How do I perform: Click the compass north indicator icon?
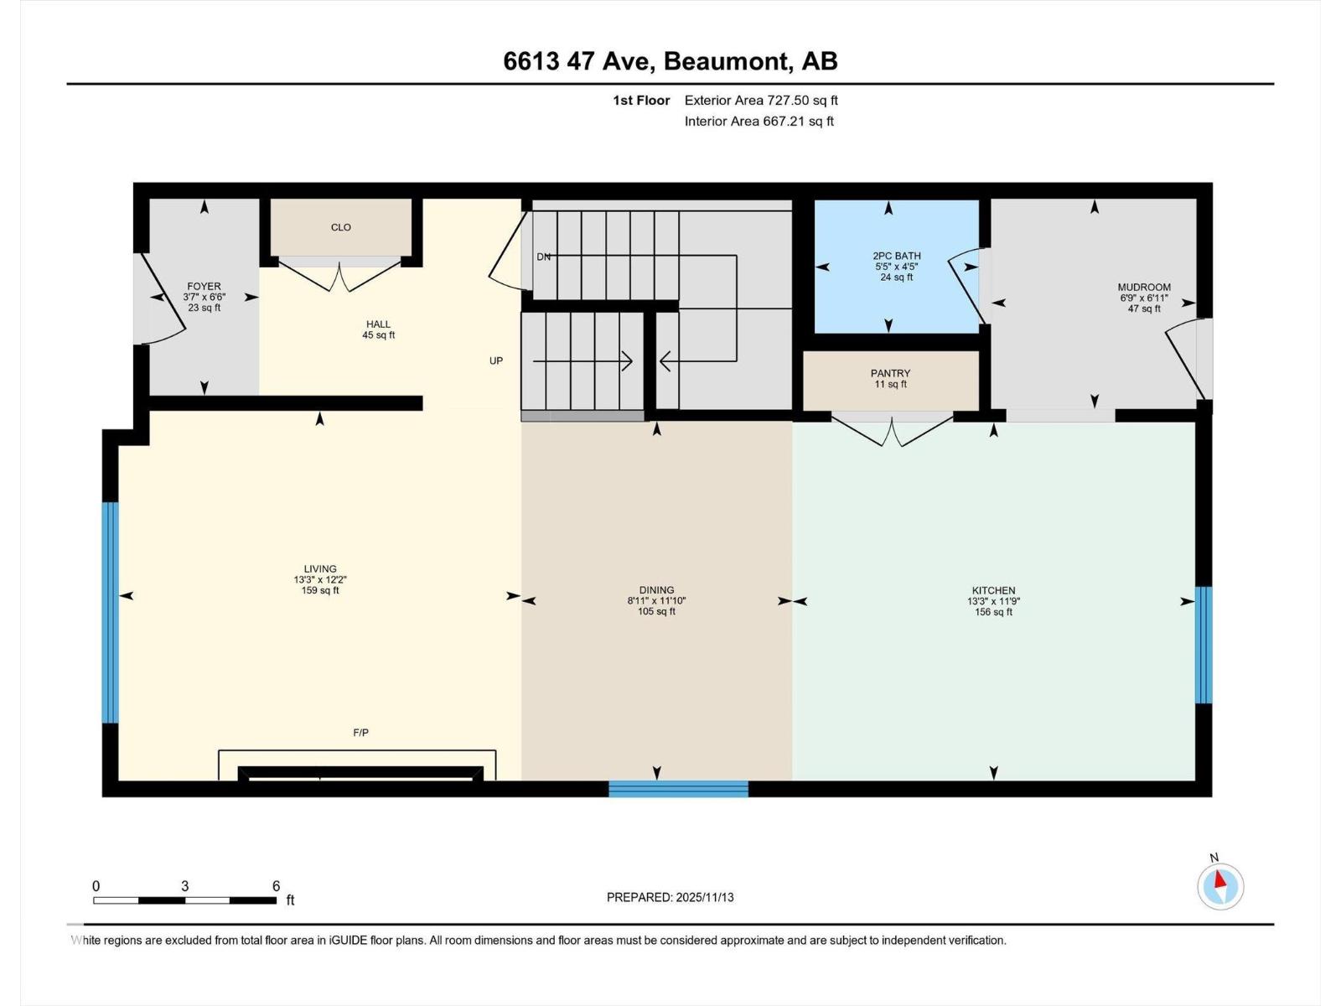point(1220,886)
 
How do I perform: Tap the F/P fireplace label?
point(360,733)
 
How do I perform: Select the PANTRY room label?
point(890,373)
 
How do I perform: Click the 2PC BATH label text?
point(896,256)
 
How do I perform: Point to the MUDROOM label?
point(1144,287)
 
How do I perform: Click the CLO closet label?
point(340,227)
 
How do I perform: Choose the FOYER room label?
point(204,286)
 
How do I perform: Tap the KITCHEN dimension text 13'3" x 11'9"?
point(993,601)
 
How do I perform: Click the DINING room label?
point(656,590)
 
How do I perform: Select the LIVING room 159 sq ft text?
point(320,590)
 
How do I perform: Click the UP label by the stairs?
point(496,360)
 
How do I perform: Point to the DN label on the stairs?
point(543,257)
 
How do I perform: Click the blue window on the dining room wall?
point(678,788)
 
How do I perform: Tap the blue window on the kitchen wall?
point(1204,645)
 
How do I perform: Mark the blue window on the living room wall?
point(111,612)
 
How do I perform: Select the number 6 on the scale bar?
point(276,886)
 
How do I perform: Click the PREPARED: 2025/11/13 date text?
point(670,897)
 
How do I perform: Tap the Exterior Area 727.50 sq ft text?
point(761,101)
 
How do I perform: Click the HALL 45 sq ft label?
point(378,329)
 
